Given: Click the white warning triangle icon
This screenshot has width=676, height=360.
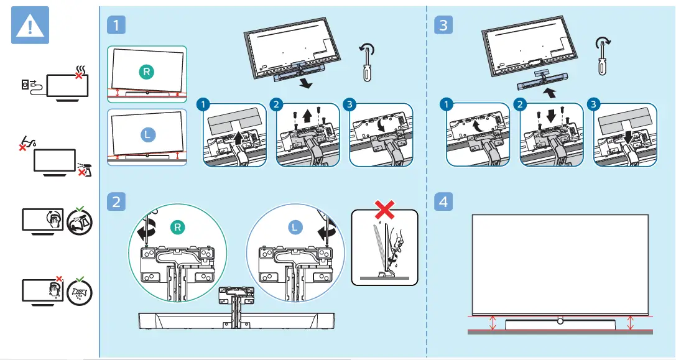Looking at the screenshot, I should (30, 27).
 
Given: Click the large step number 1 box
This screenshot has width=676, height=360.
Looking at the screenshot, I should (116, 25).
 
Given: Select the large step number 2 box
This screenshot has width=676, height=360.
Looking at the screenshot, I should (116, 201).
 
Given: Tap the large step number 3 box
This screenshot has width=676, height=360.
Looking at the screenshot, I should (442, 25).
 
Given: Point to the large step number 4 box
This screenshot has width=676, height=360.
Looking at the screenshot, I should (442, 201).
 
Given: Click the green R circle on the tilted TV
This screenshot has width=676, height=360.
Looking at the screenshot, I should (146, 72).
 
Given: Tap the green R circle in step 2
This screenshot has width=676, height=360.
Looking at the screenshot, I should (177, 228).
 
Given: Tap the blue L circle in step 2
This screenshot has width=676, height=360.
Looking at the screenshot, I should (295, 228).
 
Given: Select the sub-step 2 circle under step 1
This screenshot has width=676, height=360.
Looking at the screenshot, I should (277, 104).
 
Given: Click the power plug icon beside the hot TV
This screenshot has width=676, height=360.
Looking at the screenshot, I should (29, 85).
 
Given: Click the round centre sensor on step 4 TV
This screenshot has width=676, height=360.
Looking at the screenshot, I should (560, 320).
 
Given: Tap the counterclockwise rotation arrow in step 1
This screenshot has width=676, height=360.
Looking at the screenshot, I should (368, 50).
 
